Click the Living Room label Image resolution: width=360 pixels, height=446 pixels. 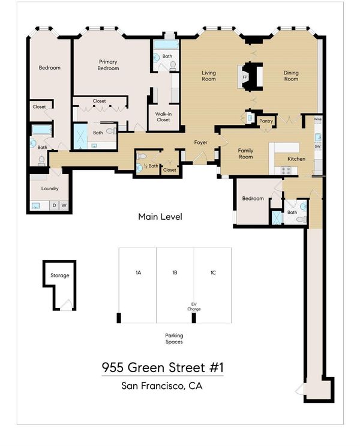pyautogui.click(x=209, y=76)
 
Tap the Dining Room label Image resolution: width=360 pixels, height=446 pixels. pyautogui.click(x=291, y=76)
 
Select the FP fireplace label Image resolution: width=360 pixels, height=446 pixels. pyautogui.click(x=245, y=77)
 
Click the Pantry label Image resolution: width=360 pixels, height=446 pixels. pyautogui.click(x=266, y=121)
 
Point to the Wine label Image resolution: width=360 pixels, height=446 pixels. pyautogui.click(x=317, y=119)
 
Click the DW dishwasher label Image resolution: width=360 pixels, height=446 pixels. pyautogui.click(x=317, y=146)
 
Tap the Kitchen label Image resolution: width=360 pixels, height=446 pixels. pyautogui.click(x=296, y=159)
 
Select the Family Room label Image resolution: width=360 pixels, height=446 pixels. pyautogui.click(x=245, y=154)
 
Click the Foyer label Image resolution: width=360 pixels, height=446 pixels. pyautogui.click(x=201, y=142)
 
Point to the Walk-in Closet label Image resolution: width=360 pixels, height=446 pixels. pyautogui.click(x=163, y=117)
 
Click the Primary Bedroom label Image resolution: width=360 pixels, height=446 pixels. pyautogui.click(x=108, y=65)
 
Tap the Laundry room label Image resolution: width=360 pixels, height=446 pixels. pyautogui.click(x=50, y=188)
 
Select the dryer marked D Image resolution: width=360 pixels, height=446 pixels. pyautogui.click(x=55, y=205)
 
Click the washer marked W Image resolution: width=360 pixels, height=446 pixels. pyautogui.click(x=64, y=205)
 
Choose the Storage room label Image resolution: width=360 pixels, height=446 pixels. pyautogui.click(x=60, y=276)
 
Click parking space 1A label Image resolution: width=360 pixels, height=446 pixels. pyautogui.click(x=138, y=273)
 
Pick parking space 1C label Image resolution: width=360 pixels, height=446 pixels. pyautogui.click(x=213, y=273)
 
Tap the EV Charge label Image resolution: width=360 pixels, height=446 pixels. pyautogui.click(x=194, y=307)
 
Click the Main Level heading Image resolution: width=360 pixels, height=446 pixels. pyautogui.click(x=160, y=217)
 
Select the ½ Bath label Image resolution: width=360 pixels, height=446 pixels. pyautogui.click(x=151, y=166)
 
